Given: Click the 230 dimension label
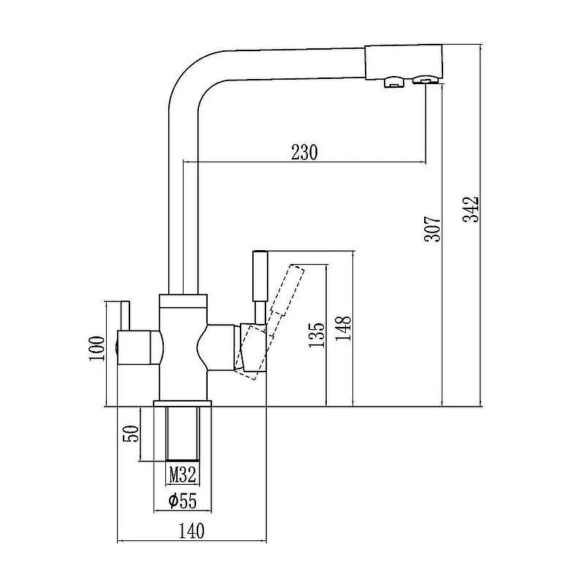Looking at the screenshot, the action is pos(304,152).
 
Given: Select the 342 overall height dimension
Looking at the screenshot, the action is pos(470,209).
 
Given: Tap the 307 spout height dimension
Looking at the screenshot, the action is pos(432,229).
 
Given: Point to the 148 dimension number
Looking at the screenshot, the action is pos(343,328).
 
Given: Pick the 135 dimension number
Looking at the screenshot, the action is pos(317,335).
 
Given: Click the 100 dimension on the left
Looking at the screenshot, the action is pos(97,349).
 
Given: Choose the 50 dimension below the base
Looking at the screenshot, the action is pos(131,433).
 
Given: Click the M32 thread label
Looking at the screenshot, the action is pos(183,475).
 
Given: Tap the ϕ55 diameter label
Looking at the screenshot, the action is pos(182,501).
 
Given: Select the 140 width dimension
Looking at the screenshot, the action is pos(192,531).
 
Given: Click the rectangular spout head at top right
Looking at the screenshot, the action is pos(403,62).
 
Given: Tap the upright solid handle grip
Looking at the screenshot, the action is pos(260,276).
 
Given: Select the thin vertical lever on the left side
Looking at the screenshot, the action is pos(124,316).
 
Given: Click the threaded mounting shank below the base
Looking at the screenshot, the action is pos(183,434).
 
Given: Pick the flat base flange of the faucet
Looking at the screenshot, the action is pos(182,404).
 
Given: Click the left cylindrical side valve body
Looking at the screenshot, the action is pos(139,347).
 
